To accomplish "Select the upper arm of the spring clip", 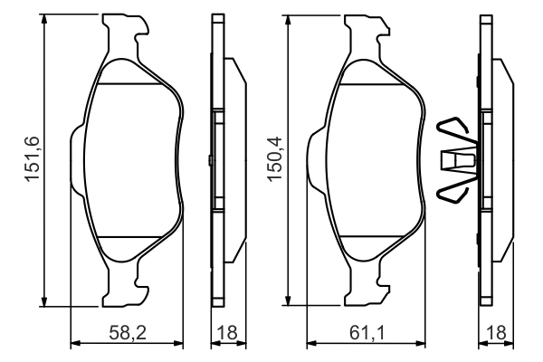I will pos(452,131).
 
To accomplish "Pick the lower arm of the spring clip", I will pos(452,191).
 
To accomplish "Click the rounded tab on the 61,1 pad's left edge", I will pos(315,162).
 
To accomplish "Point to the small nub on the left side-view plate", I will pos(209,162).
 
